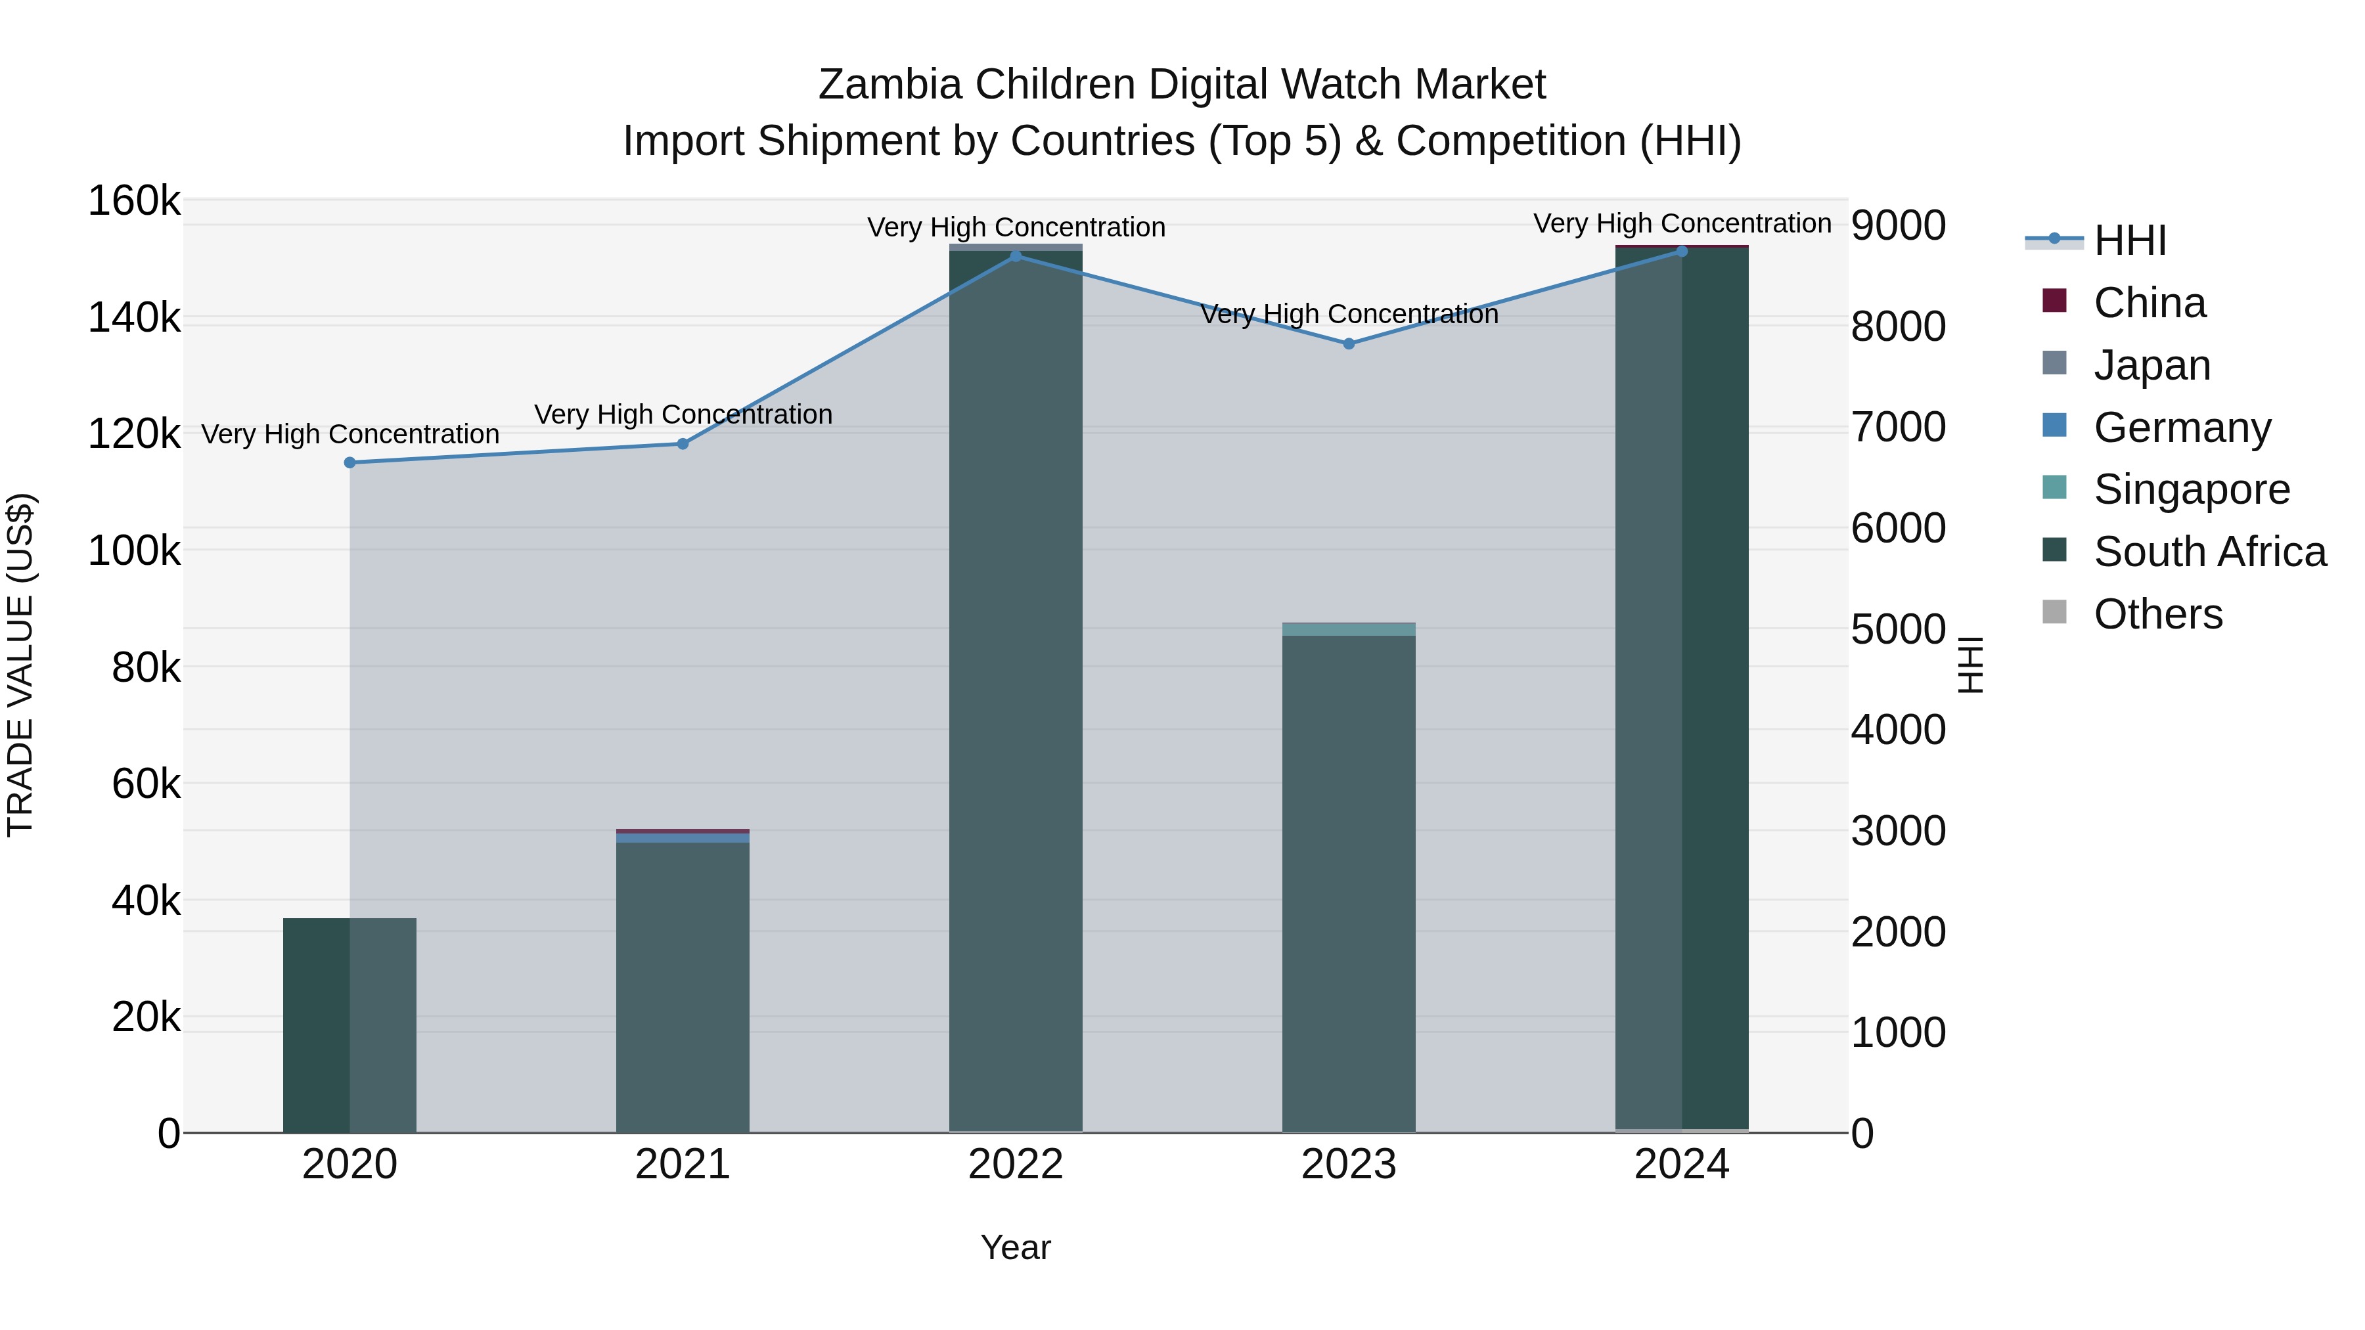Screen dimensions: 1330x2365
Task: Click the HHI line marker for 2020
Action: point(349,462)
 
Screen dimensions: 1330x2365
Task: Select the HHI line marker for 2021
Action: point(682,444)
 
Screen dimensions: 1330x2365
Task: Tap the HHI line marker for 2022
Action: point(1016,256)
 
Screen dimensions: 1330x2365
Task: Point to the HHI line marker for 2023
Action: point(1349,344)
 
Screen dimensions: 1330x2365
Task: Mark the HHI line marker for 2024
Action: point(1682,252)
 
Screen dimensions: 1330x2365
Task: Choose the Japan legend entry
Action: point(2151,365)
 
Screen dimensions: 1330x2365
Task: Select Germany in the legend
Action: point(2181,428)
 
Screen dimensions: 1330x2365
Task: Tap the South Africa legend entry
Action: point(2209,552)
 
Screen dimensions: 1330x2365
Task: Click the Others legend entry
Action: point(2157,615)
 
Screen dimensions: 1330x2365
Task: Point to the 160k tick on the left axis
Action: point(134,201)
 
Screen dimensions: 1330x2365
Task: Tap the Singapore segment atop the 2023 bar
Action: point(1349,630)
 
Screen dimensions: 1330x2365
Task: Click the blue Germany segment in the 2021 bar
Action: point(682,838)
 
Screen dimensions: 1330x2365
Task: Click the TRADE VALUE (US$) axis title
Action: point(20,665)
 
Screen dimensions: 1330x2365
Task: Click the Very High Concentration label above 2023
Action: point(1349,315)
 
